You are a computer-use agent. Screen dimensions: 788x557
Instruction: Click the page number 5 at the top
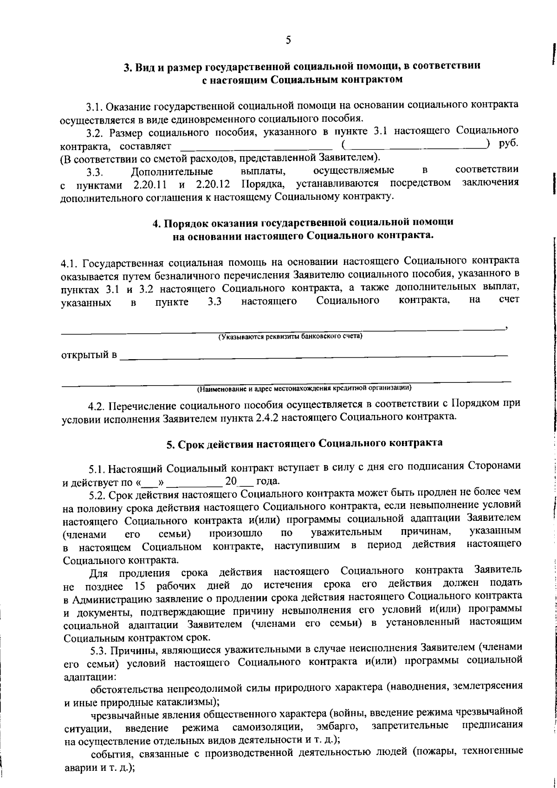click(x=288, y=40)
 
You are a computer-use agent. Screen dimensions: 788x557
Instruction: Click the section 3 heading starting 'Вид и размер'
click(x=302, y=66)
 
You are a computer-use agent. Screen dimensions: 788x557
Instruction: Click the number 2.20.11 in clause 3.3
click(x=150, y=184)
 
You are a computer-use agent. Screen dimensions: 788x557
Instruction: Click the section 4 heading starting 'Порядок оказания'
click(x=303, y=223)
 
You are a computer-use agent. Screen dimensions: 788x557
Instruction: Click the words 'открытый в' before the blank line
click(x=89, y=355)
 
